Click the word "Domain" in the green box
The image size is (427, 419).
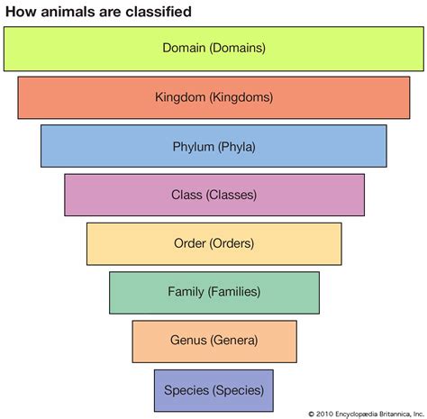184,48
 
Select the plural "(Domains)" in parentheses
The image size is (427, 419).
238,48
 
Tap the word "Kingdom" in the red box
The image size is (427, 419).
180,97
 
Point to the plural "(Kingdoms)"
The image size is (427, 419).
241,97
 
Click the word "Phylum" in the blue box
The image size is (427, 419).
194,147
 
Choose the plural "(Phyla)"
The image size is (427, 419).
237,147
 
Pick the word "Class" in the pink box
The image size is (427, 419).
186,195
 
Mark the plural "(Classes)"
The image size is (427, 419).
232,195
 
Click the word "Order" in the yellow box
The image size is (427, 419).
190,243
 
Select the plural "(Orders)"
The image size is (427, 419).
232,243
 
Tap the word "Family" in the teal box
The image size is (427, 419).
186,292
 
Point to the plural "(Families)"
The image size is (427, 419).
234,292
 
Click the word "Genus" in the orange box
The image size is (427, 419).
188,341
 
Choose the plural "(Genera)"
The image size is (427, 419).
234,341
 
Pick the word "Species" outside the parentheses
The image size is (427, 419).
186,390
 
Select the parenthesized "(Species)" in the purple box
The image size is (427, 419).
238,390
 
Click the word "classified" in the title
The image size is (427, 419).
159,12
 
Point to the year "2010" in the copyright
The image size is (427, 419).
324,414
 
